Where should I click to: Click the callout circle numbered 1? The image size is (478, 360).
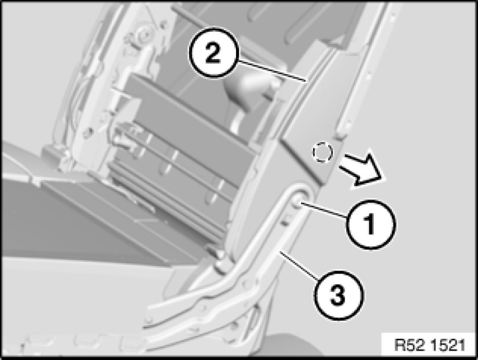click(x=371, y=224)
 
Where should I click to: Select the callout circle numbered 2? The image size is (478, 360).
click(x=213, y=54)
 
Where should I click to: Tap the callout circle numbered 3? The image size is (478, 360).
click(x=338, y=295)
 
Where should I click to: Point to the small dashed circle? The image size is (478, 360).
click(x=322, y=152)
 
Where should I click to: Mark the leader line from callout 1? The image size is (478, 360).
click(x=324, y=210)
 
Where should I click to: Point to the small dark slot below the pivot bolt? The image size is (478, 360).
click(x=285, y=223)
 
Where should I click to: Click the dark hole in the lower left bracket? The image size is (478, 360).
click(x=88, y=132)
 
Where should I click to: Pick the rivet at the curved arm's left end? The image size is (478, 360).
click(x=149, y=320)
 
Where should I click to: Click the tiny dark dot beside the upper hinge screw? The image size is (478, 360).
click(x=164, y=22)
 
